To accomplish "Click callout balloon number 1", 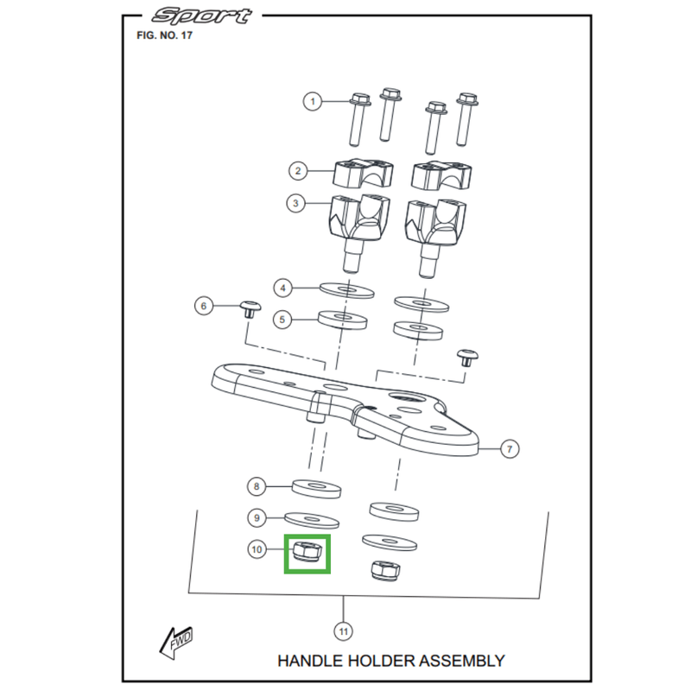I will [313, 102].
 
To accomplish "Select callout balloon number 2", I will [298, 171].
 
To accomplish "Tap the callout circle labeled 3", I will [298, 205].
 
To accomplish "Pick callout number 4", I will [282, 286].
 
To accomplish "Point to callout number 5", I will [282, 320].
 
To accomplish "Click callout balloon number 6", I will [204, 306].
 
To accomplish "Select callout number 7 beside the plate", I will [510, 448].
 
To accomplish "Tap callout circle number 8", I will [256, 487].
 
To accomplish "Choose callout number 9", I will [256, 518].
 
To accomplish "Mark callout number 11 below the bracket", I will [344, 632].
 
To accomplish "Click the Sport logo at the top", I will [200, 16].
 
